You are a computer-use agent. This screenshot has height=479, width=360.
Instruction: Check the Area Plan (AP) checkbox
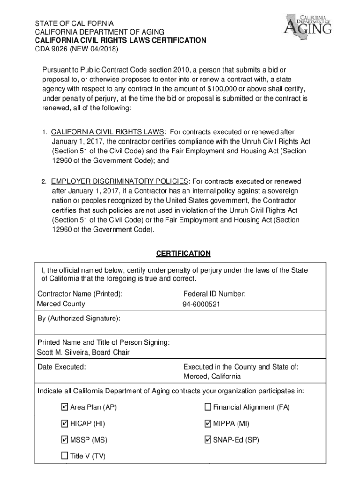65,407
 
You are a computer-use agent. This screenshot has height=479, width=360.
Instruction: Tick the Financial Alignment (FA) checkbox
208,407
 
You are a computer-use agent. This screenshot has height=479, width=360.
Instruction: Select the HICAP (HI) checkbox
65,424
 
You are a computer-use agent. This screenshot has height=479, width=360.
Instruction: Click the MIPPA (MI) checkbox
208,424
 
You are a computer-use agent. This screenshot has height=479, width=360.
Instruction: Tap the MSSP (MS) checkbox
65,440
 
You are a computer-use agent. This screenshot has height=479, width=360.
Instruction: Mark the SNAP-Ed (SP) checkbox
208,440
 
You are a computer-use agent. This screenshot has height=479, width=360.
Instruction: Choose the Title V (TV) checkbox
65,456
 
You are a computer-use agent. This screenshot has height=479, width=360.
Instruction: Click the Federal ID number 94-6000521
202,305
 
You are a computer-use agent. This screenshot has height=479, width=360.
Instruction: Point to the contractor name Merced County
61,304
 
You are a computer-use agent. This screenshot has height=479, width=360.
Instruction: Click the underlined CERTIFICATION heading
183,254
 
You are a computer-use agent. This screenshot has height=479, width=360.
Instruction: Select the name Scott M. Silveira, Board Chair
83,352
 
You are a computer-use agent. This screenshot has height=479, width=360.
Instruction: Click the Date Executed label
62,367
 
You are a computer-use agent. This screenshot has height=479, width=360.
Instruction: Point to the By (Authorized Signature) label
79,319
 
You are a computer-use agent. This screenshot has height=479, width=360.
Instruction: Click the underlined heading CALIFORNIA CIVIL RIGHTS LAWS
108,132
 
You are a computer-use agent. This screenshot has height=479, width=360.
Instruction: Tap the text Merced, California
212,377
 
